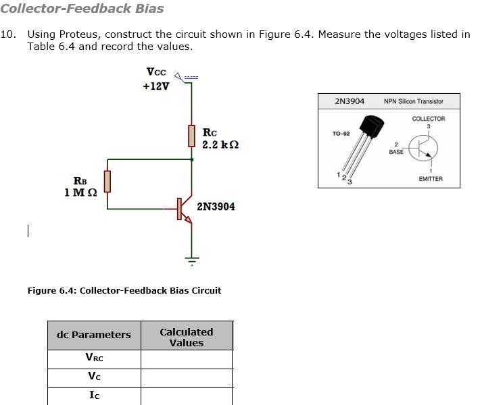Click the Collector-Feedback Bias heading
coord(82,9)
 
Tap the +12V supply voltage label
coord(156,86)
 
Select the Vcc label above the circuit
coord(155,72)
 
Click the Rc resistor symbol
coord(191,136)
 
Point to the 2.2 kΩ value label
coord(220,145)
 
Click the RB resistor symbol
coord(107,182)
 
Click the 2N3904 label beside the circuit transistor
coord(216,206)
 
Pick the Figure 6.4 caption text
coord(124,290)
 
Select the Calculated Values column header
coord(186,337)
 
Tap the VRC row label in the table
coord(94,358)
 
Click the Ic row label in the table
coord(94,396)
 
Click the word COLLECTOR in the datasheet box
coord(429,119)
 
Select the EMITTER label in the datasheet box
coord(431,179)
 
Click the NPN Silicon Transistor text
coord(413,101)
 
